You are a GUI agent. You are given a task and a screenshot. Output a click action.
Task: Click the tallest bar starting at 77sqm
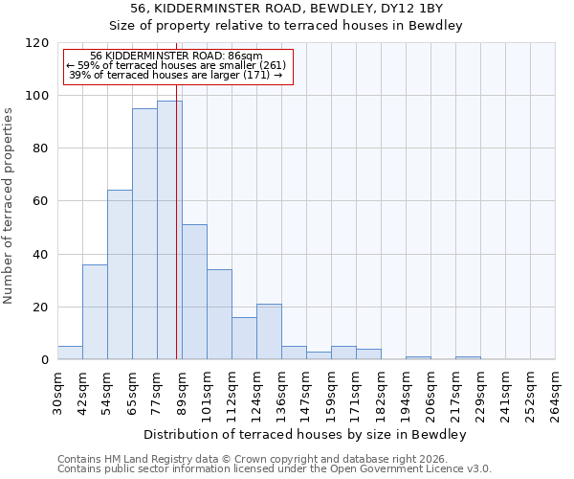[x=169, y=230]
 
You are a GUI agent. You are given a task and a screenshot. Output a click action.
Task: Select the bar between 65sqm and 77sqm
[x=144, y=234]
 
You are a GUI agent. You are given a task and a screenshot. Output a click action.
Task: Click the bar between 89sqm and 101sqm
[x=194, y=292]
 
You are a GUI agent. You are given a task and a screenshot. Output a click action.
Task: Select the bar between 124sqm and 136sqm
[x=269, y=331]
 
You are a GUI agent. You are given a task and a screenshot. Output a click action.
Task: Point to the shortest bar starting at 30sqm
[x=70, y=353]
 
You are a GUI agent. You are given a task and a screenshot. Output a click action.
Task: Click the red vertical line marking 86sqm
[x=177, y=239]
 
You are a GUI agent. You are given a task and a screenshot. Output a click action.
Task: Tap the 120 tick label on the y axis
[x=37, y=43]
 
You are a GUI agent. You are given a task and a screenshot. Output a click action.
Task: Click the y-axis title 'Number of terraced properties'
[x=10, y=206]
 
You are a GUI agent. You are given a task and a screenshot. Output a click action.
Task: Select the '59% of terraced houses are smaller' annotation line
[x=176, y=65]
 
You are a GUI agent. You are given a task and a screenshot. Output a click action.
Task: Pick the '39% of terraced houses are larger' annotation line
[x=176, y=75]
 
